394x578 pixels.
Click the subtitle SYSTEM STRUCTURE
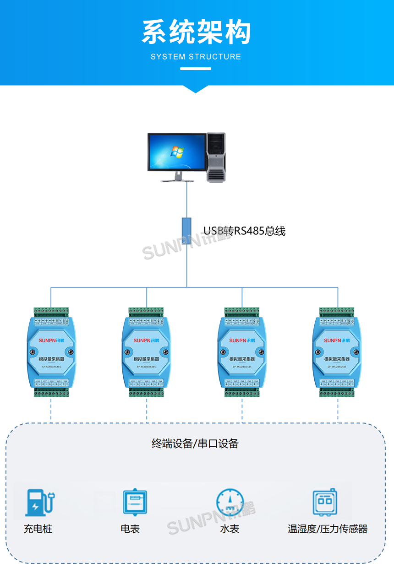pyautogui.click(x=196, y=57)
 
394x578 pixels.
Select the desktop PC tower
pyautogui.click(x=216, y=157)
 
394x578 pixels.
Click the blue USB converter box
pyautogui.click(x=186, y=231)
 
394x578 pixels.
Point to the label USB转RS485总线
pyautogui.click(x=244, y=231)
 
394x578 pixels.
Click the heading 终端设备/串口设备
pyautogui.click(x=195, y=443)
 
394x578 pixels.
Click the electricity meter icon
pyautogui.click(x=135, y=502)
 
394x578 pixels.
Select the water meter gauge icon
pyautogui.click(x=230, y=502)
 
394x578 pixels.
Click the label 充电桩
pyautogui.click(x=38, y=529)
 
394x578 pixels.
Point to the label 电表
pyautogui.click(x=130, y=529)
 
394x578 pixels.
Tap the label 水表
pyautogui.click(x=230, y=529)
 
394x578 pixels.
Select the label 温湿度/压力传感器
pyautogui.click(x=328, y=529)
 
